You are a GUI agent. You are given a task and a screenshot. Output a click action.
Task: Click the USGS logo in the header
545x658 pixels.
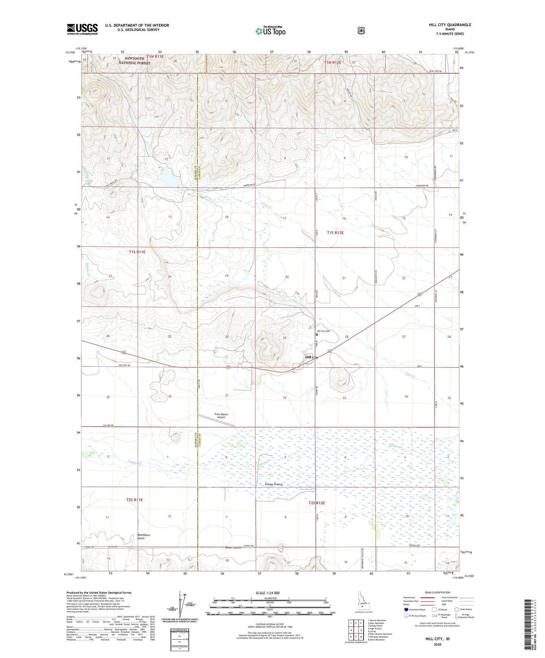pyautogui.click(x=82, y=29)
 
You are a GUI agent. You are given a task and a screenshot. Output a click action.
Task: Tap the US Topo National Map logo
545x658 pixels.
pyautogui.click(x=270, y=31)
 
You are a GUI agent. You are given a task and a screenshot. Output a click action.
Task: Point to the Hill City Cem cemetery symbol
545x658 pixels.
pyautogui.click(x=317, y=334)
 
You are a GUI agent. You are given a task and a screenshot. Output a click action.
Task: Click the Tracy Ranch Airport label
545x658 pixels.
pyautogui.click(x=221, y=416)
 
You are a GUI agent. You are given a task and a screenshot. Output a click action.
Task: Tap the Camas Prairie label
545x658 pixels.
pyautogui.click(x=273, y=485)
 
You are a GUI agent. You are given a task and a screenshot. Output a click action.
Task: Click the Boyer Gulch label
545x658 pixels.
pyautogui.click(x=233, y=548)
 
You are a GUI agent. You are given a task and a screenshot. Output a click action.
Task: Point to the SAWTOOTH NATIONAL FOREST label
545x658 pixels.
pyautogui.click(x=134, y=60)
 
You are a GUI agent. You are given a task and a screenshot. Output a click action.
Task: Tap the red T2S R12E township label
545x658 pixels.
pyautogui.click(x=316, y=503)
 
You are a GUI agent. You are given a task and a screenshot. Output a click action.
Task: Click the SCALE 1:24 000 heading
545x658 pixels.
pyautogui.click(x=267, y=593)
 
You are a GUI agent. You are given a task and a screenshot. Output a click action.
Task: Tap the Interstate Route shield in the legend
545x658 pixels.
pyautogui.click(x=406, y=609)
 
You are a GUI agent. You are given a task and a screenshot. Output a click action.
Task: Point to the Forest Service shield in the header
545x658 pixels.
pyautogui.click(x=361, y=31)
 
